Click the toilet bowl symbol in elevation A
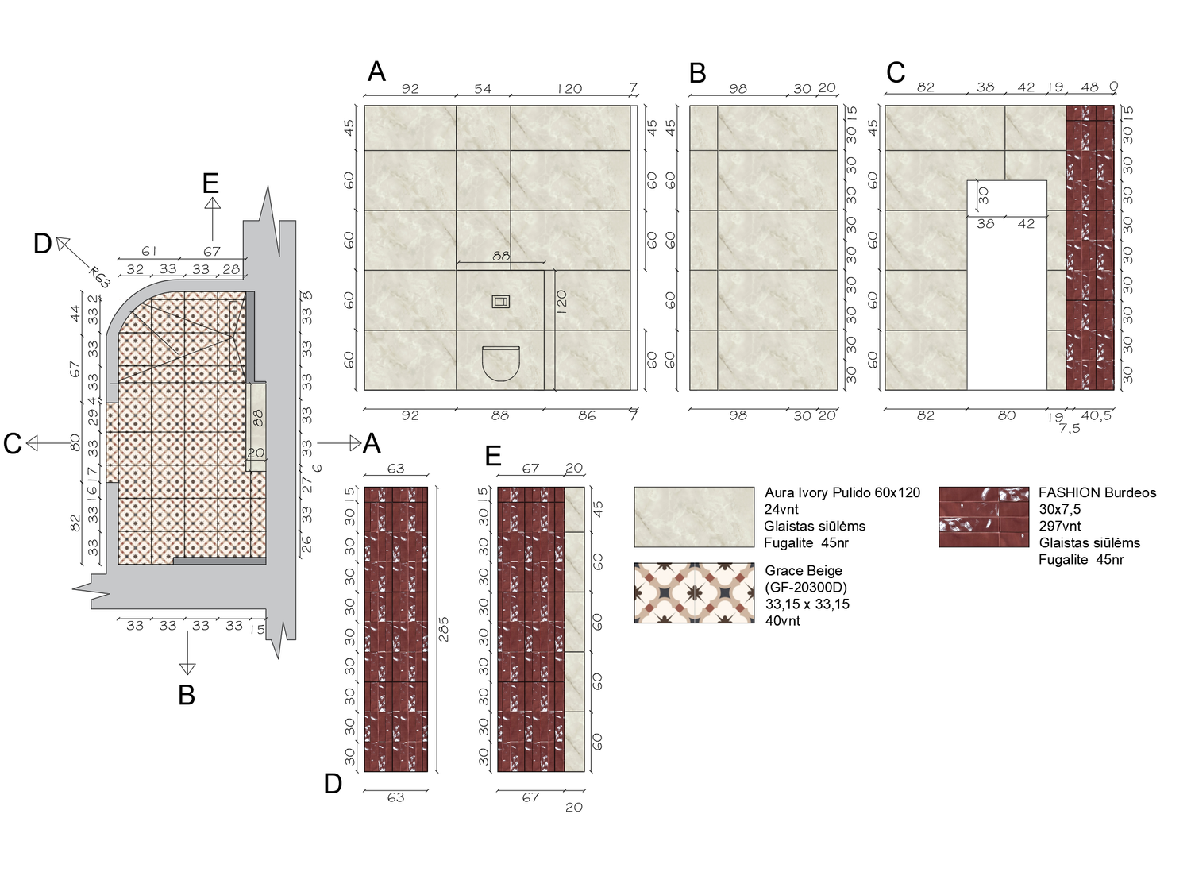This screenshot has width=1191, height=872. tap(501, 364)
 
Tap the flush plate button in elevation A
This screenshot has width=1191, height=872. tap(500, 302)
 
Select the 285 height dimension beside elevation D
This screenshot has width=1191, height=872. tap(444, 629)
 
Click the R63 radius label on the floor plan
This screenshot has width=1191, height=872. tap(99, 277)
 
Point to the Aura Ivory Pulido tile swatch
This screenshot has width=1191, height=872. tap(694, 517)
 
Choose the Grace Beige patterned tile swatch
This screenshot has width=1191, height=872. tap(694, 593)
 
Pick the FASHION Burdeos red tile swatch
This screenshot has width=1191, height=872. tap(984, 517)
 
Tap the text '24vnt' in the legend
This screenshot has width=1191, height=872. tap(781, 509)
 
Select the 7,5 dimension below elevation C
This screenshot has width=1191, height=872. tap(1070, 429)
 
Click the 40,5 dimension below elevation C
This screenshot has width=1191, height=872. tap(1097, 415)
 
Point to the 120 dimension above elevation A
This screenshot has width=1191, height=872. tap(569, 89)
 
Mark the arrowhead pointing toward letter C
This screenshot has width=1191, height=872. tap(33, 443)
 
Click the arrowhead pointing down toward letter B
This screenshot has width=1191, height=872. tap(187, 669)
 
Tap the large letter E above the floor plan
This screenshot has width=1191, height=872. tap(210, 183)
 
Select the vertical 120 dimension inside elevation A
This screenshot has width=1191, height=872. tap(561, 302)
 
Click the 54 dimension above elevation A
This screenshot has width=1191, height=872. tap(483, 89)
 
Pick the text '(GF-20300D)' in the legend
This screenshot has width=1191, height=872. tap(806, 587)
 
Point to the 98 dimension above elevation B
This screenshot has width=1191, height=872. tap(738, 89)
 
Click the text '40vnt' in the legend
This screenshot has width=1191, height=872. tap(783, 620)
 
